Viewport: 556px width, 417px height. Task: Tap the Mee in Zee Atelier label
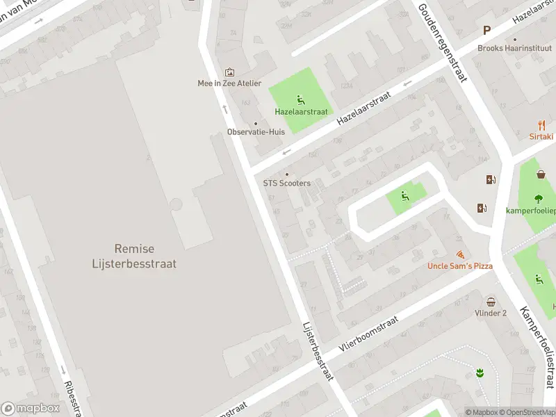(229, 83)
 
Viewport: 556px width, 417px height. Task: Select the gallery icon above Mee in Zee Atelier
(229, 72)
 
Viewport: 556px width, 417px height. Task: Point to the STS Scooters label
(286, 183)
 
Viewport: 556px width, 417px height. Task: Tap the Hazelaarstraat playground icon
(300, 99)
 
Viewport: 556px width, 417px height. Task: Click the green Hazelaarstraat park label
(300, 111)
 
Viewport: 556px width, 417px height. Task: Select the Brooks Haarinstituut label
(515, 48)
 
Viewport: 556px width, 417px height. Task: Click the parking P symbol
(486, 31)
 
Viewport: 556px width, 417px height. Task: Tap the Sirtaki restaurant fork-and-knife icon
(541, 125)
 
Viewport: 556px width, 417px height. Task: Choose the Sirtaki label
(542, 138)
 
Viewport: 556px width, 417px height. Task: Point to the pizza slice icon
(459, 255)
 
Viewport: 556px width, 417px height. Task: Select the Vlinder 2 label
(491, 313)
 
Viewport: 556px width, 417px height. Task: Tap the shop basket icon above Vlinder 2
(491, 302)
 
